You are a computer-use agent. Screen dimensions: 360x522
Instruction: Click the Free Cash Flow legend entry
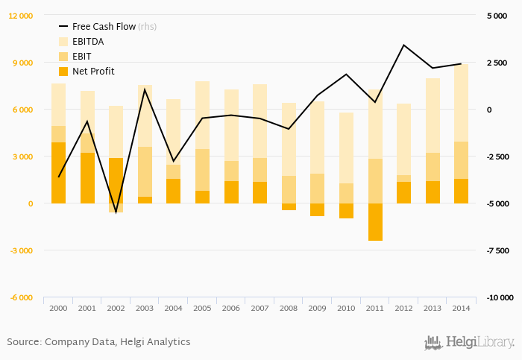point(104,27)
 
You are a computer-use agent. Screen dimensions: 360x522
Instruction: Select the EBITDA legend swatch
point(63,42)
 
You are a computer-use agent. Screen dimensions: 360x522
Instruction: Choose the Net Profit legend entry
point(93,72)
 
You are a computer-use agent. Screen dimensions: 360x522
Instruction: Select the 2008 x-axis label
point(289,308)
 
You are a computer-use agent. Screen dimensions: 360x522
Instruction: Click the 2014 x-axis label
point(461,308)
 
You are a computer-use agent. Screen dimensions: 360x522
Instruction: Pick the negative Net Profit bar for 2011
point(374,222)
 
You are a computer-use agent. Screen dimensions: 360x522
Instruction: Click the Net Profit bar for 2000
point(58,173)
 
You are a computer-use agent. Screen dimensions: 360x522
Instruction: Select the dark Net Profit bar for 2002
point(116,181)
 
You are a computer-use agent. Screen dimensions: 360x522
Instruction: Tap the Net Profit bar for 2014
point(461,191)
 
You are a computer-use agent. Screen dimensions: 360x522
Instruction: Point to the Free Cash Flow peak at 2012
point(403,45)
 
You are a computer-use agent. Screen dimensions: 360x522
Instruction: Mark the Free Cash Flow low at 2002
point(116,212)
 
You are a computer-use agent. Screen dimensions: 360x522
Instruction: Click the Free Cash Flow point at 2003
point(145,89)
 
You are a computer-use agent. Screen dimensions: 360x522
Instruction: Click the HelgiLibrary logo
point(469,343)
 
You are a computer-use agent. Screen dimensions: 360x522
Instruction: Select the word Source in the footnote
point(23,342)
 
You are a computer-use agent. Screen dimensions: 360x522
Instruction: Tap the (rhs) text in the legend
point(148,27)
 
